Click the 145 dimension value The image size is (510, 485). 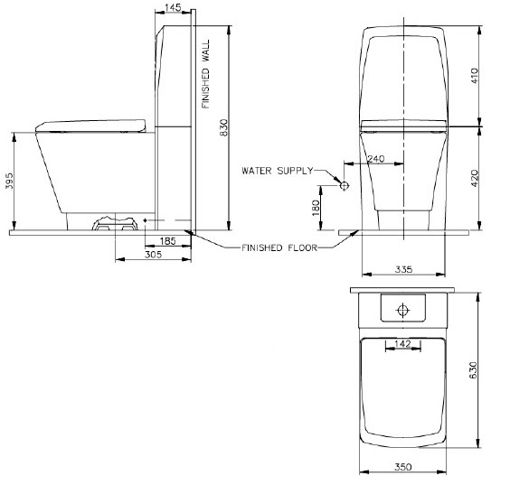pos(173,7)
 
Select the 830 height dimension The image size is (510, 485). pos(224,127)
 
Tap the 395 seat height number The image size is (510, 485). pos(9,181)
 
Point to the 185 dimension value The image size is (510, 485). pos(168,241)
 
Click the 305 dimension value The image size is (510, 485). pos(153,255)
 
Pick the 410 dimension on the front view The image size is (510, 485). pos(475,75)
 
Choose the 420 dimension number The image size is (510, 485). pos(475,178)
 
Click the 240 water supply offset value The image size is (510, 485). pos(375,159)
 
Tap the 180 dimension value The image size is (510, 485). pos(316,208)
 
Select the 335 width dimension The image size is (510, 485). pos(403,269)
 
